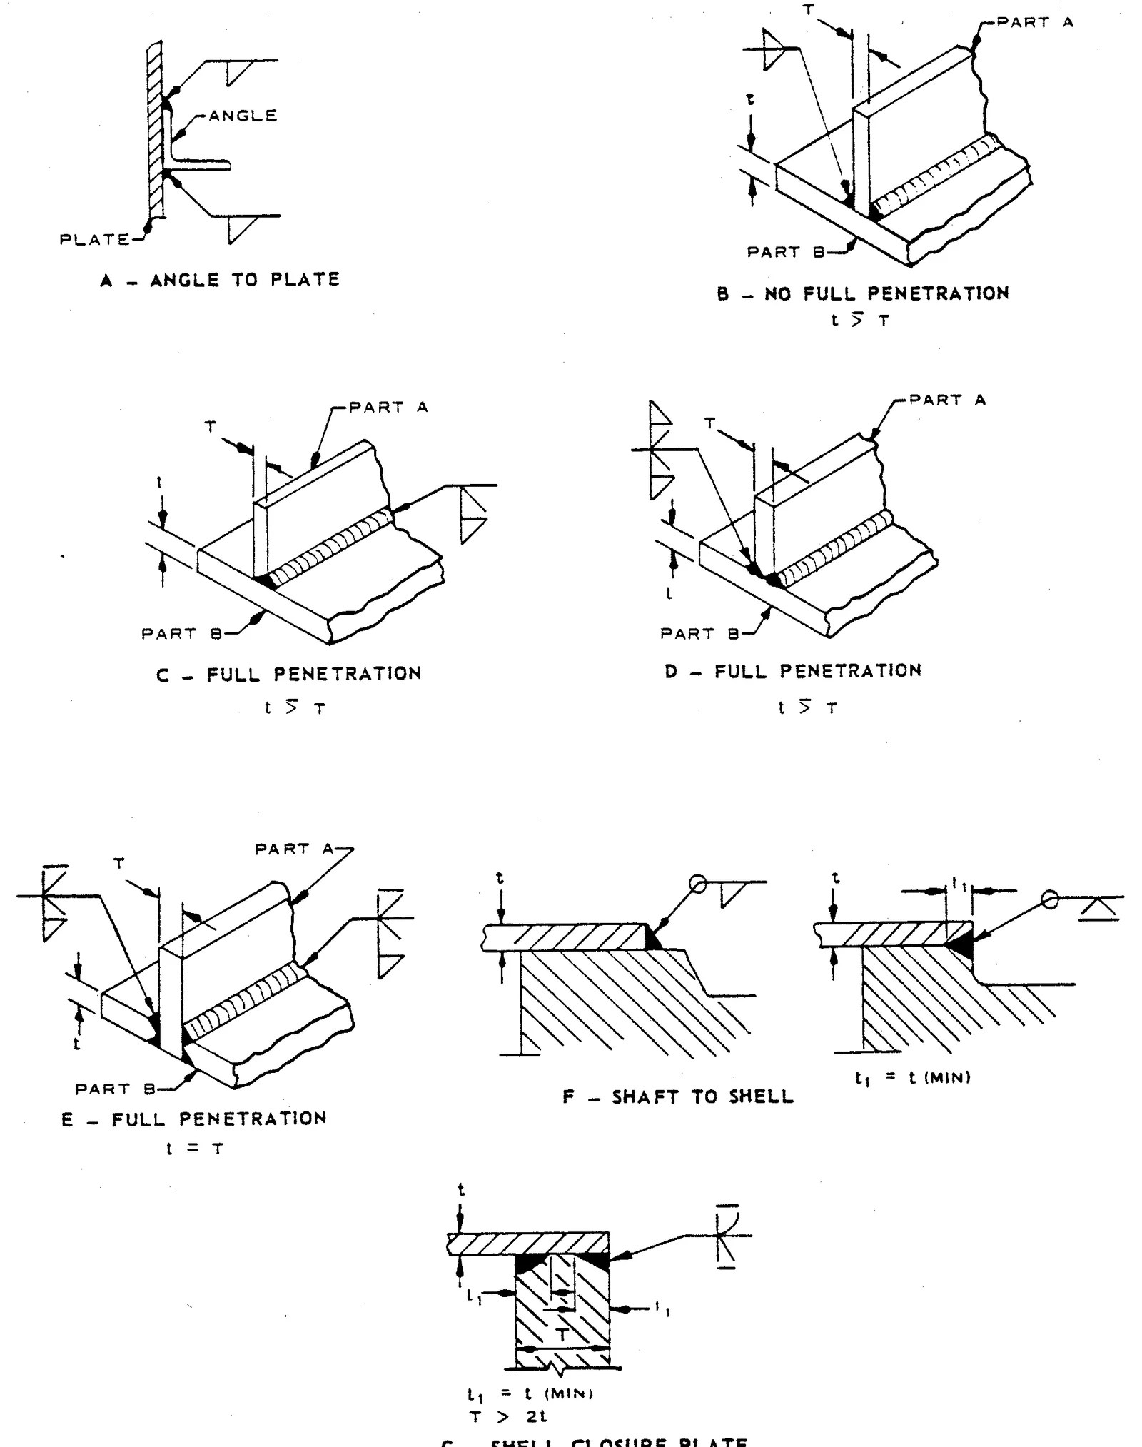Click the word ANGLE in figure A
point(243,116)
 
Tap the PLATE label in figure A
point(94,240)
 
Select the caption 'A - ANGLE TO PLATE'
point(220,280)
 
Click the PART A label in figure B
point(1034,23)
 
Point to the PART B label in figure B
point(785,252)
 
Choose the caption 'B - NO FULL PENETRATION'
point(863,293)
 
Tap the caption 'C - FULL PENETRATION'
point(289,674)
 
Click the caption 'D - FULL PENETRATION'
point(793,671)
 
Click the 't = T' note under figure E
point(195,1149)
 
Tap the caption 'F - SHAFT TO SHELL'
point(677,1097)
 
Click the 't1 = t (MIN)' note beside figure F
point(913,1078)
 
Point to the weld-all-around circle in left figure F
point(698,885)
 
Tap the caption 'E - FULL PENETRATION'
point(193,1119)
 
